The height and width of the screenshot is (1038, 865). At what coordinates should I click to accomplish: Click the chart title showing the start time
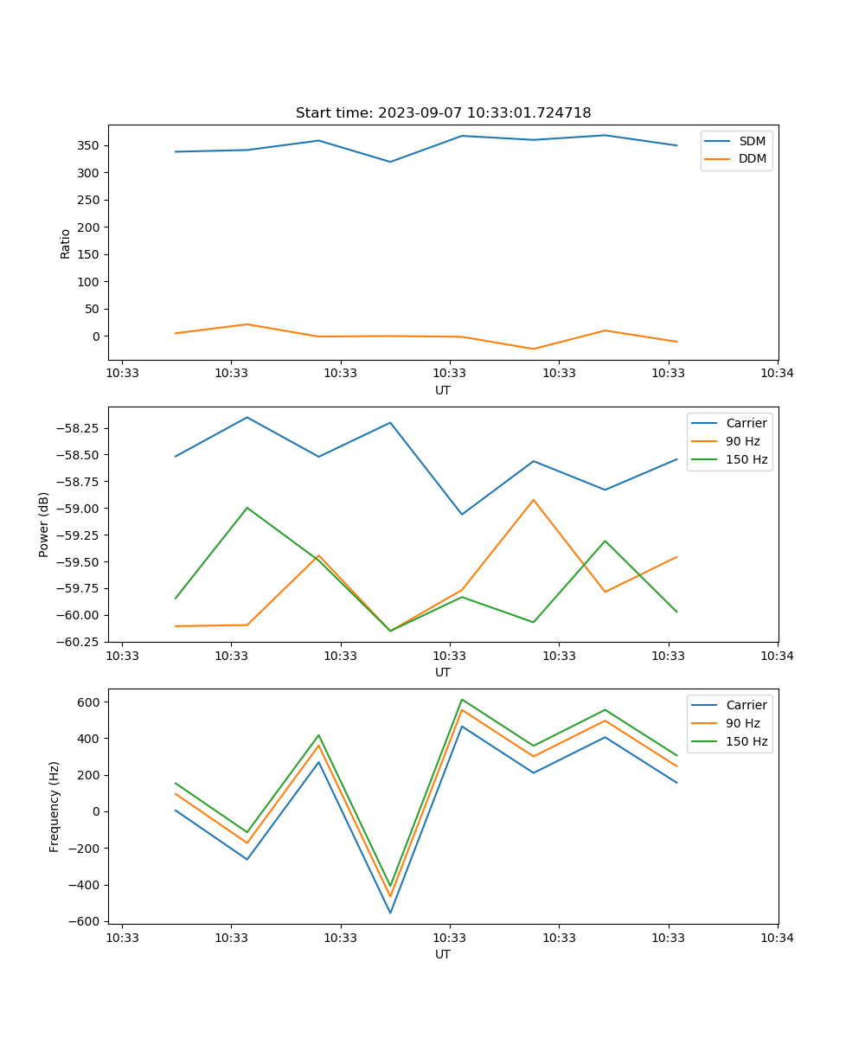(443, 113)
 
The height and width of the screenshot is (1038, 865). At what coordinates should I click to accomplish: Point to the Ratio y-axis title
(66, 243)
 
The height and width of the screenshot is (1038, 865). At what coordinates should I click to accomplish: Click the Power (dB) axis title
(44, 524)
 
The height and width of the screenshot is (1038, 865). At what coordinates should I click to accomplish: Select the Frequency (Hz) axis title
(54, 806)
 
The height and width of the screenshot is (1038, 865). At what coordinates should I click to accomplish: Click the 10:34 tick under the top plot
(778, 374)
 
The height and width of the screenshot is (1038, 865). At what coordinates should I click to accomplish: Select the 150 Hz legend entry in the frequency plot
(746, 741)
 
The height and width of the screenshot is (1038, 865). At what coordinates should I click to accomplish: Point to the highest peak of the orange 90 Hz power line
(534, 500)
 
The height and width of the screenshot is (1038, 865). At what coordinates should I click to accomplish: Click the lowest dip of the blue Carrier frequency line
(390, 913)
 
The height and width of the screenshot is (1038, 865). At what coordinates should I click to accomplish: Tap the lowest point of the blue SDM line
(390, 162)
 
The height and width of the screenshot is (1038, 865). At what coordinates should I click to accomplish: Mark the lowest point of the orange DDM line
(534, 349)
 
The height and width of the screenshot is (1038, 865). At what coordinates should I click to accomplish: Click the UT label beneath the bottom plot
(443, 954)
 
